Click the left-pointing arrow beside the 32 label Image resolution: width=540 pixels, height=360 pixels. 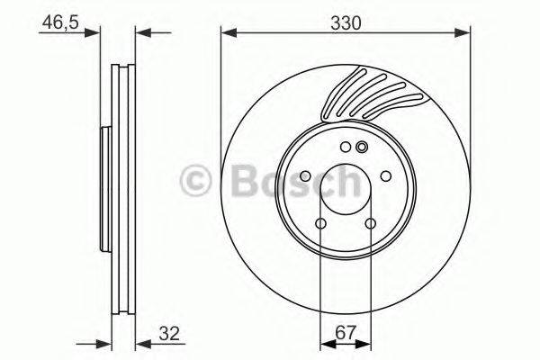coord(141,343)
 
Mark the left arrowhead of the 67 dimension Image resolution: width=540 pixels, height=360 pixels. coord(325,343)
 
